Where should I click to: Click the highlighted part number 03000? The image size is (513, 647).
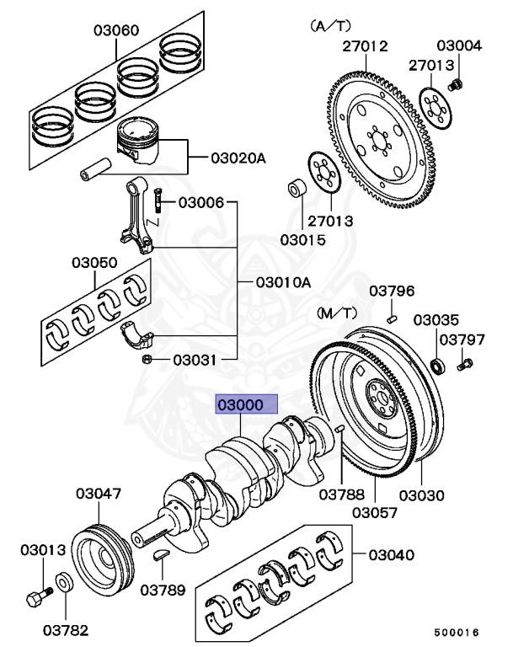(x=243, y=405)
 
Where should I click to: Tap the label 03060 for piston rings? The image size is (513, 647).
(x=115, y=31)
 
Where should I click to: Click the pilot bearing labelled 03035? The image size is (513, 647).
(x=437, y=365)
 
